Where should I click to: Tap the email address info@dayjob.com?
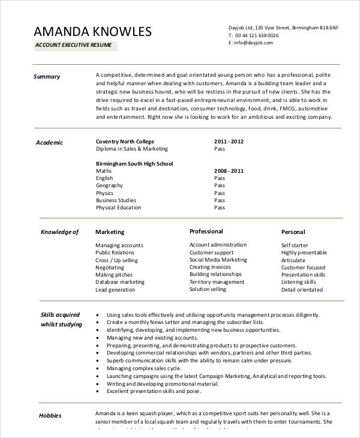[254, 43]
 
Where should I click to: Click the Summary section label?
[47, 76]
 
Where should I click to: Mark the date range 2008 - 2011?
[229, 171]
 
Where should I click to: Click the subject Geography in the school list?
[110, 185]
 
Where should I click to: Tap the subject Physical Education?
[118, 208]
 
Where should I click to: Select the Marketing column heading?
[110, 232]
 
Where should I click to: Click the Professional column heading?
[206, 231]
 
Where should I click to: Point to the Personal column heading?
[293, 232]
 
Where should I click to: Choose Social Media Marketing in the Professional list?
[218, 260]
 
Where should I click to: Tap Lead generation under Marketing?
[116, 289]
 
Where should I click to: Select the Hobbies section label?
[50, 415]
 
